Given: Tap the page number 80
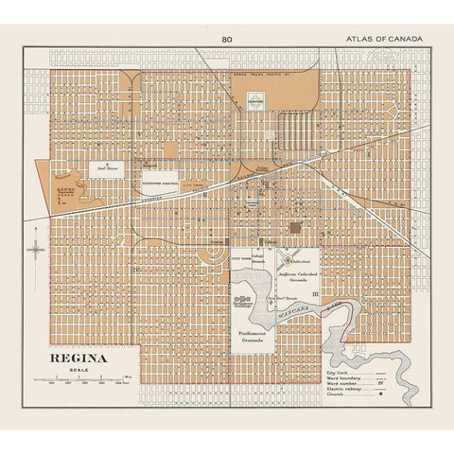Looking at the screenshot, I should point(226,38).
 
